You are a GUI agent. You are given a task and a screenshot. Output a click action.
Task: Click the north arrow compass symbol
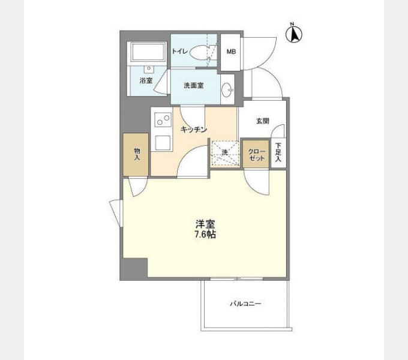tap(294, 33)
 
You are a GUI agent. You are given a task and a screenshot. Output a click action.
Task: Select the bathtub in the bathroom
tap(148, 52)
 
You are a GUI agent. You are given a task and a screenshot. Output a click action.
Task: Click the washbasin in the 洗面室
tap(227, 90)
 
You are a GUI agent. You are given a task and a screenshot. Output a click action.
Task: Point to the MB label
tap(231, 52)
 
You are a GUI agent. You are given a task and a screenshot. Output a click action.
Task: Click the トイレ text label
tap(179, 51)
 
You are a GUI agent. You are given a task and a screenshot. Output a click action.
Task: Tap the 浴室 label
tap(146, 80)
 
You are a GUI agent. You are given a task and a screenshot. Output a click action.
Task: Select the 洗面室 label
tap(194, 85)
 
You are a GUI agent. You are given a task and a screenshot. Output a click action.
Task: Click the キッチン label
tap(194, 130)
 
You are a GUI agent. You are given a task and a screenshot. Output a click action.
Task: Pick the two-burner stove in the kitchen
tap(163, 119)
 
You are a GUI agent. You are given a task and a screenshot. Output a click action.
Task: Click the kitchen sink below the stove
tap(163, 143)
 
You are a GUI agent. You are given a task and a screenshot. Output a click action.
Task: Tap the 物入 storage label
tap(137, 154)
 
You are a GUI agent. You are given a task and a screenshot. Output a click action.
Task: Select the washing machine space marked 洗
tap(225, 153)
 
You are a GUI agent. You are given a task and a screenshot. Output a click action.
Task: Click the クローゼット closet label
tap(257, 155)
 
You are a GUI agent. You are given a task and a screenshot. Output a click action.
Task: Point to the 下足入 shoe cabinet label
tap(278, 152)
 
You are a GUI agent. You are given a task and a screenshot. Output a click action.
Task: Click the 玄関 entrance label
tap(263, 121)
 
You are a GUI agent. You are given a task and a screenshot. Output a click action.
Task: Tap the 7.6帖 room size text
tap(205, 235)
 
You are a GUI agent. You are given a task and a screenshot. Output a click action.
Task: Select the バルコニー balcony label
tap(245, 304)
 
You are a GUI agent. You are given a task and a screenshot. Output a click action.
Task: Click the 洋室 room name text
tap(205, 224)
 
